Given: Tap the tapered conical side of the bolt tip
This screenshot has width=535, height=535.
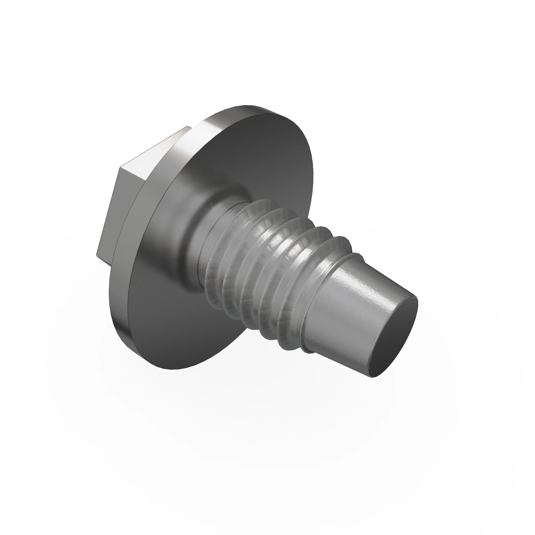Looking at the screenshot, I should (x=346, y=313).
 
